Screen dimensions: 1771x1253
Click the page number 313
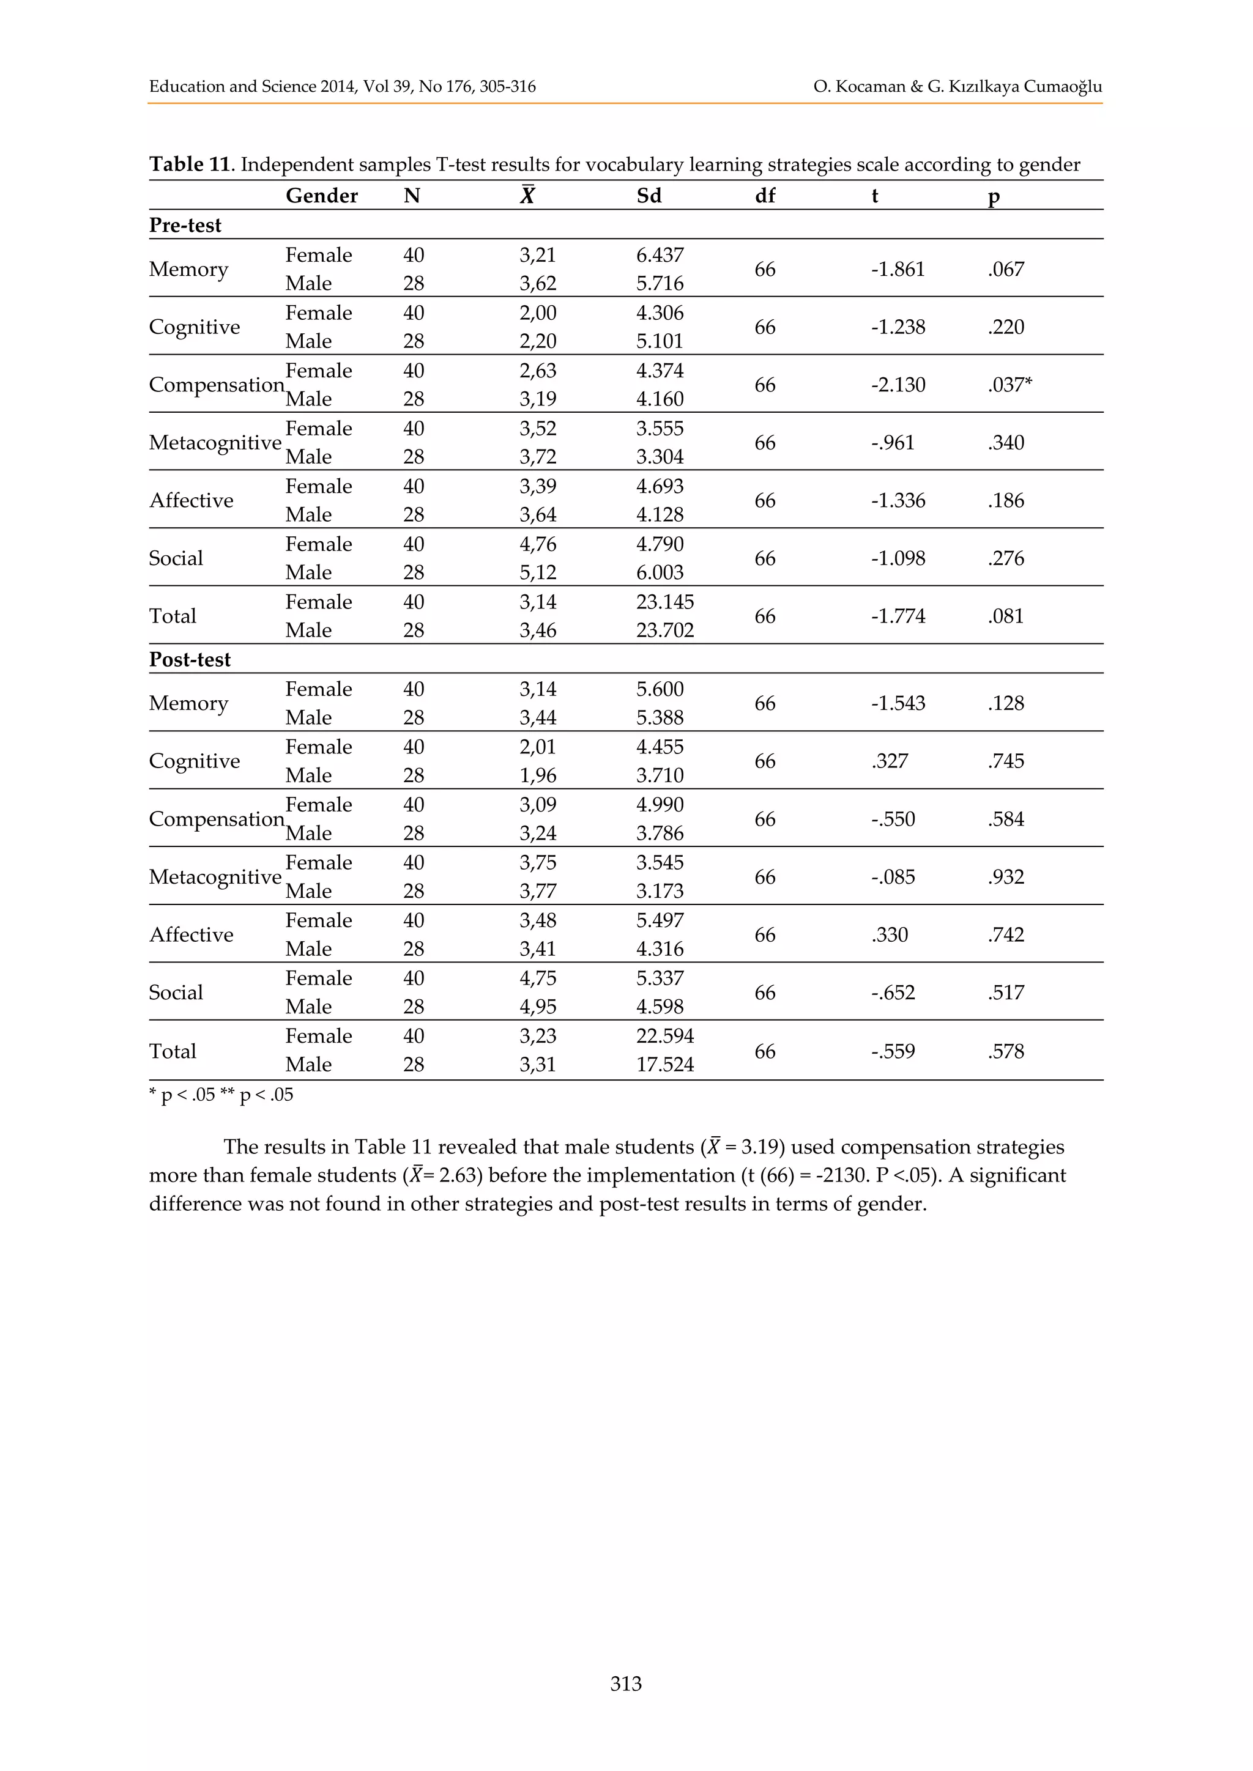click(626, 1683)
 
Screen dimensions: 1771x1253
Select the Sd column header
click(649, 196)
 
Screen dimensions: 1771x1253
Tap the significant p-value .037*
click(1009, 384)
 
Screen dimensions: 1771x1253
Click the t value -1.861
click(898, 269)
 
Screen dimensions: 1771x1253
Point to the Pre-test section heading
click(185, 225)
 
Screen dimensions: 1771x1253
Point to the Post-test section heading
click(190, 659)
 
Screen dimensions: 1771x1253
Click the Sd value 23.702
click(664, 630)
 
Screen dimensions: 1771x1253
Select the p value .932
click(1005, 876)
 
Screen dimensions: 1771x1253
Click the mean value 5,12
click(537, 572)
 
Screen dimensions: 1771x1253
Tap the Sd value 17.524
click(664, 1065)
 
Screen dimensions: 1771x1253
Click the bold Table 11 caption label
click(190, 165)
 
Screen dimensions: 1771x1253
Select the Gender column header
click(321, 196)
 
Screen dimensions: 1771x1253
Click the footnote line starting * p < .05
click(221, 1095)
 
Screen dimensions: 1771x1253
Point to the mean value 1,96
click(537, 775)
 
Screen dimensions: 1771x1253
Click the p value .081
click(1005, 616)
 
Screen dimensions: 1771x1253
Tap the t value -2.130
click(898, 384)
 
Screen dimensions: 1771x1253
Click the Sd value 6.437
click(660, 254)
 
